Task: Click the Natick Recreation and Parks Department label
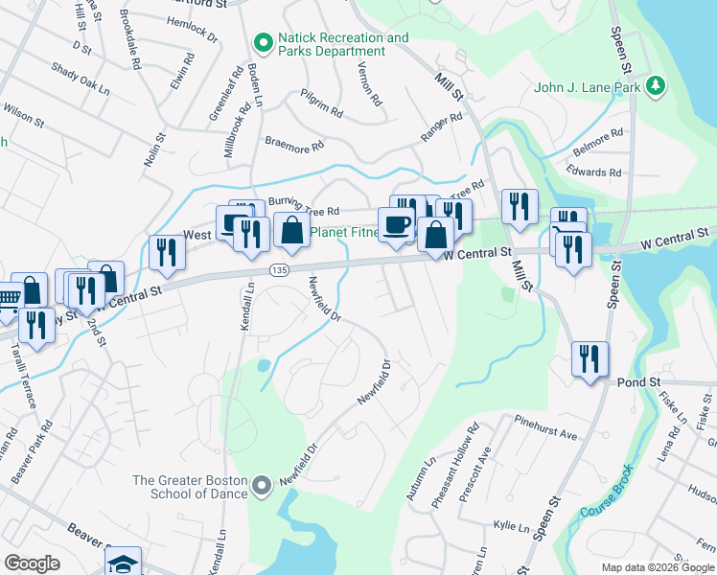coord(342,45)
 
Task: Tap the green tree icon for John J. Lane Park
coord(656,87)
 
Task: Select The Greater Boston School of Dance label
coord(191,487)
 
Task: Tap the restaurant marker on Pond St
coord(590,359)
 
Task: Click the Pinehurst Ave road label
coord(545,427)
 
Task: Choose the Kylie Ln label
coord(511,527)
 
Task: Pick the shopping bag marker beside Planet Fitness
coord(291,231)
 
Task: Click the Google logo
coord(32,563)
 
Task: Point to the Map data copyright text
coord(658,567)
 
